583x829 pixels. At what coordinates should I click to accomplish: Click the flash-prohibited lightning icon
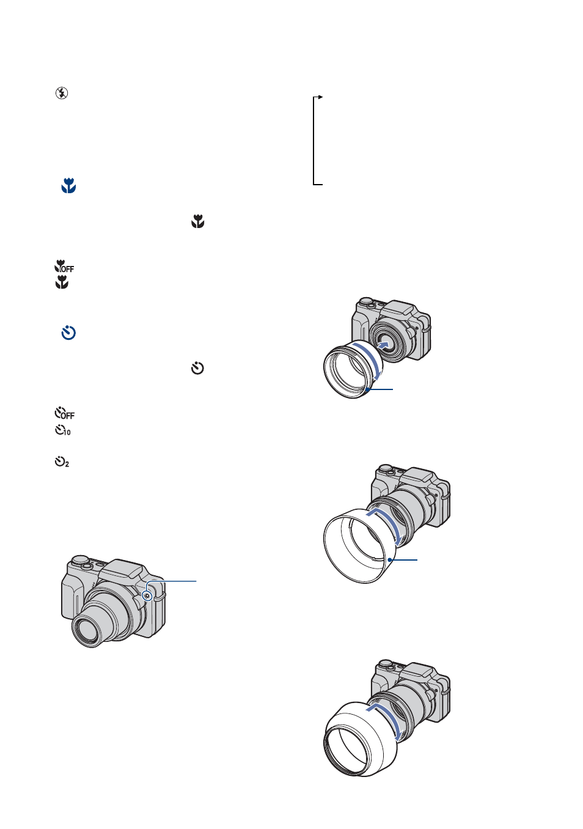point(62,93)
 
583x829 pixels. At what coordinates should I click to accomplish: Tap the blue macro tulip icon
point(68,186)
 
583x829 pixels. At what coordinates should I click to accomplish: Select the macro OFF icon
point(64,267)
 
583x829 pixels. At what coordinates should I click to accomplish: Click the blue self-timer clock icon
point(68,333)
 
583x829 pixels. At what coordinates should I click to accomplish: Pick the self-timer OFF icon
point(64,413)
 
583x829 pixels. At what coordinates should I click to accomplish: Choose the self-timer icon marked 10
point(62,430)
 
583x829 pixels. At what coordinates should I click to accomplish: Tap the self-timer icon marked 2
point(62,462)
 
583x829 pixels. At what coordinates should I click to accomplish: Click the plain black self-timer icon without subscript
point(197,368)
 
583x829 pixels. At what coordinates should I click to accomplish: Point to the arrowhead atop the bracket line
point(321,97)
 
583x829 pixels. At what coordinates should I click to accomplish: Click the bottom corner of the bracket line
point(313,184)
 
